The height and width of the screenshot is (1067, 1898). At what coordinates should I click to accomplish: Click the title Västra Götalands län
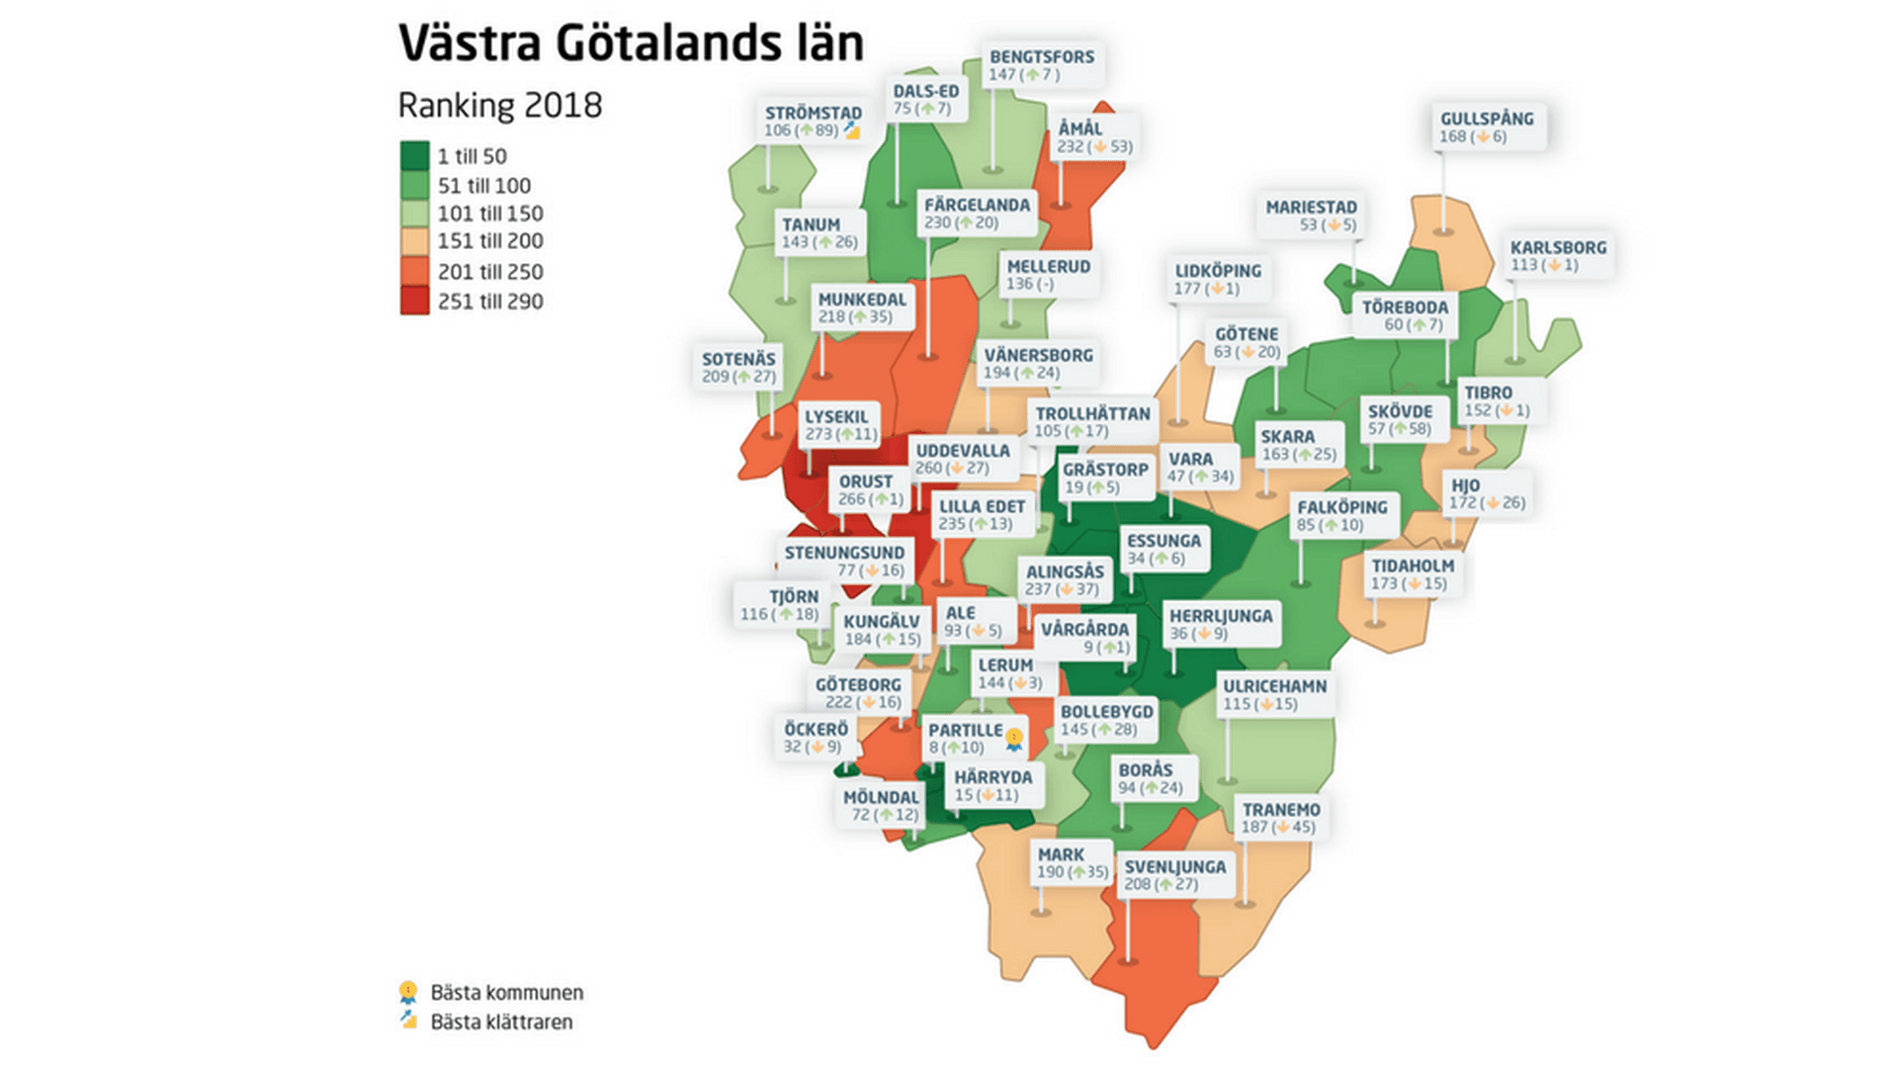click(631, 44)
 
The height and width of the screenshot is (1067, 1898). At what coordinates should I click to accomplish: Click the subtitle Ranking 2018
click(499, 106)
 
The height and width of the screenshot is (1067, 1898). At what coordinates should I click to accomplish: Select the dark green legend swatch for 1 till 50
click(414, 156)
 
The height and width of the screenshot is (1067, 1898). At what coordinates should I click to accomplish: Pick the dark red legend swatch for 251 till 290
click(414, 301)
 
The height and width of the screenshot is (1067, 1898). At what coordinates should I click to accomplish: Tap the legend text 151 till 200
click(490, 241)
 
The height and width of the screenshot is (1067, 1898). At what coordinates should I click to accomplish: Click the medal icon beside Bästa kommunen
click(408, 992)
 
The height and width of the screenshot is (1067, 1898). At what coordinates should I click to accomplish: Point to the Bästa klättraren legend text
click(501, 1023)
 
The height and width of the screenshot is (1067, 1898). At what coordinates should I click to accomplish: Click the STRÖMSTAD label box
click(812, 122)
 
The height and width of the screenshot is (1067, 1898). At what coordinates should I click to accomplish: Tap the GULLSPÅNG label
click(1486, 127)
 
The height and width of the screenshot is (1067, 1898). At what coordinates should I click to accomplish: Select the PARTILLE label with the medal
click(974, 739)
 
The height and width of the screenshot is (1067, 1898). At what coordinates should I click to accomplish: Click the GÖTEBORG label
click(858, 692)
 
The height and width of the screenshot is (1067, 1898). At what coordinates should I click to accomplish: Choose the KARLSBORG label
click(1557, 255)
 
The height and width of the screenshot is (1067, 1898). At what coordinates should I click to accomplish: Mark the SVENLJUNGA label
click(1174, 874)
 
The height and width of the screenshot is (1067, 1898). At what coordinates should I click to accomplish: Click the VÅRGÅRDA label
click(1084, 638)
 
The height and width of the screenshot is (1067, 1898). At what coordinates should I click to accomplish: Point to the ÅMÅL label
click(1093, 136)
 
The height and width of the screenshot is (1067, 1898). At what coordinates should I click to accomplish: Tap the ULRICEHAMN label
click(1274, 694)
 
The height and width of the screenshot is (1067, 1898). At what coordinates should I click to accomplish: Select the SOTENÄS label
click(738, 367)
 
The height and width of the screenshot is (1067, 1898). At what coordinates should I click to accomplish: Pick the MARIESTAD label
click(1311, 216)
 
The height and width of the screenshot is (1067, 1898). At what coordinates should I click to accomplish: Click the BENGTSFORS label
click(1041, 65)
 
